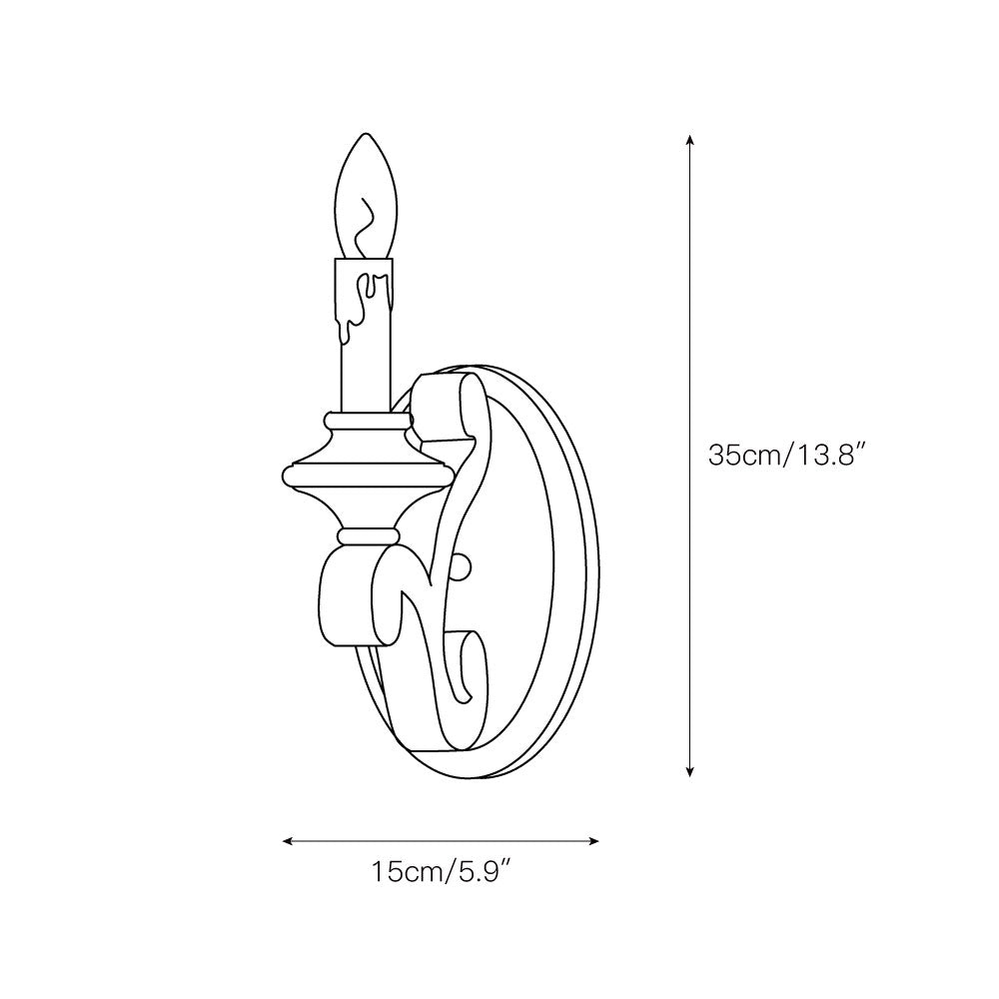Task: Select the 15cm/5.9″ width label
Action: [x=441, y=871]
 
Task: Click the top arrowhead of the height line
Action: [x=688, y=140]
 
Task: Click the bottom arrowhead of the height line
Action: [x=688, y=771]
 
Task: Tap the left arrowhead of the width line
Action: [x=288, y=841]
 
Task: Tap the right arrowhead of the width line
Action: [x=592, y=841]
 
